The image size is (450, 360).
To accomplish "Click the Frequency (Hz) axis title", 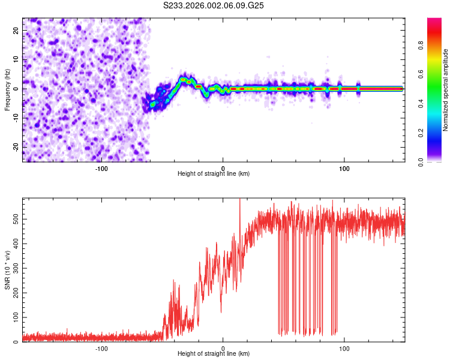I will (x=7, y=89).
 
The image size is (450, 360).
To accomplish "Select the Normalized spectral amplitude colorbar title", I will (x=446, y=90).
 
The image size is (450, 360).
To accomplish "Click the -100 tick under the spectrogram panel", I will (x=101, y=167).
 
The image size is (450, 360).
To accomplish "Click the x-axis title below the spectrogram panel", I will (x=214, y=174).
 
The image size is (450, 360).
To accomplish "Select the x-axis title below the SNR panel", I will (x=214, y=355).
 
